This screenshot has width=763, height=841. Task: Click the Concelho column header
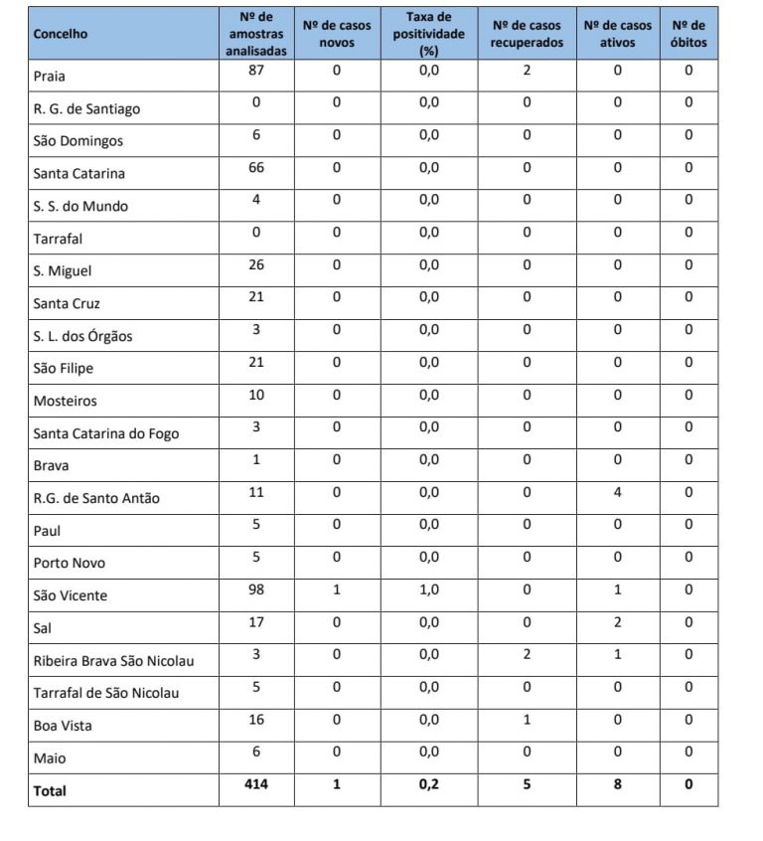(61, 34)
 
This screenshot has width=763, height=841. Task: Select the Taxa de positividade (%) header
(428, 34)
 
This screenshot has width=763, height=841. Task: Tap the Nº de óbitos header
(688, 34)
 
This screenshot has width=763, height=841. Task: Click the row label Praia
(50, 76)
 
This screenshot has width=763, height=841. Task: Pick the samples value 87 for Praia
(256, 71)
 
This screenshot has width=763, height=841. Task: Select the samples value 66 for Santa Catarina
(256, 168)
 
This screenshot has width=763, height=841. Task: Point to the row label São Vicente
(71, 595)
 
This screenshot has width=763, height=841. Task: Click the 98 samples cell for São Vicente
(256, 590)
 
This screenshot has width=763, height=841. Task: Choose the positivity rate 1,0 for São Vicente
(428, 590)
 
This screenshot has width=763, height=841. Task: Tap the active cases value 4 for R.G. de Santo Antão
(617, 493)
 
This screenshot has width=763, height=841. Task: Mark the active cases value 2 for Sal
(617, 622)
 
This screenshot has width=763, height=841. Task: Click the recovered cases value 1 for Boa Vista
(527, 720)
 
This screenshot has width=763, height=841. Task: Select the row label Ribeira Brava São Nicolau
(113, 660)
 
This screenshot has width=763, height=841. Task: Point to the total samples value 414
(256, 784)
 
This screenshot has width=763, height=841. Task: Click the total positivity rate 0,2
(428, 784)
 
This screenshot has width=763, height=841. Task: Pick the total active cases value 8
(617, 784)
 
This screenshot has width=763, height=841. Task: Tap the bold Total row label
(51, 790)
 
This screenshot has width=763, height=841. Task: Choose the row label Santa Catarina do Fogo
(106, 433)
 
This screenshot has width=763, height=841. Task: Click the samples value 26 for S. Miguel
(256, 265)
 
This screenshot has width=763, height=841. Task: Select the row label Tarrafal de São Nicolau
(106, 693)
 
